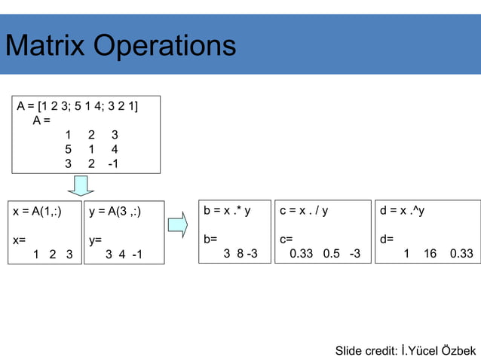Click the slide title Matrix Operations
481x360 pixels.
(121, 46)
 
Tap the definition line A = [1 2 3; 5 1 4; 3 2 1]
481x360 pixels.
(78, 105)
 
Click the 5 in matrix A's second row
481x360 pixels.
(68, 150)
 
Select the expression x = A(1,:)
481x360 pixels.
(38, 212)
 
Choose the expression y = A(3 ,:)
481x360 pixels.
(115, 212)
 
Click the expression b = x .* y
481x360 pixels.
(227, 212)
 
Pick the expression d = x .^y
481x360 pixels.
(403, 212)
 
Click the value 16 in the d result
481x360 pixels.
(430, 254)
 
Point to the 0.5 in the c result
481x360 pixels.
(330, 254)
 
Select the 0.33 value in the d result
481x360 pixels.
(461, 254)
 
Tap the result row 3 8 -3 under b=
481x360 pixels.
(240, 254)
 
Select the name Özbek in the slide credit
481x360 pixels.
(458, 351)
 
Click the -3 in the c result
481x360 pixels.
(353, 254)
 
